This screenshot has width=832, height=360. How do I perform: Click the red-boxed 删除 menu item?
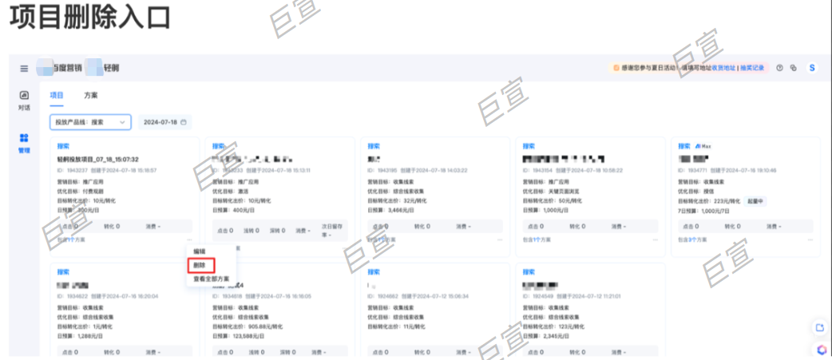(200, 265)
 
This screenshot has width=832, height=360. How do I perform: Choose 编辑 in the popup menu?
(200, 251)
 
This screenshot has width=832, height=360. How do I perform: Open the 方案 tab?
(91, 95)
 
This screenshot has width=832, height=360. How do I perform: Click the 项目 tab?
(57, 95)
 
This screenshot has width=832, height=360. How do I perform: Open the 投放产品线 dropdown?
(89, 122)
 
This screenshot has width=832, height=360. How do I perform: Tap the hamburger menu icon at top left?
(24, 69)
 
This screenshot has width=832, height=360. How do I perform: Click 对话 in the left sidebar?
(24, 100)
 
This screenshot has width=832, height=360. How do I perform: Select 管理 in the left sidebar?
(24, 143)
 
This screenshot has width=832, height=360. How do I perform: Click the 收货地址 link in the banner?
(723, 68)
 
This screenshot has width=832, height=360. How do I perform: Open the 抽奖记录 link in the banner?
(751, 68)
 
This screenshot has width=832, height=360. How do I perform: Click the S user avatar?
(812, 68)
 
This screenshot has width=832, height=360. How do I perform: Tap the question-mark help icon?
(779, 68)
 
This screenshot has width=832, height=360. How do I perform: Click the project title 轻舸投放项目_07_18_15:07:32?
(97, 159)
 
